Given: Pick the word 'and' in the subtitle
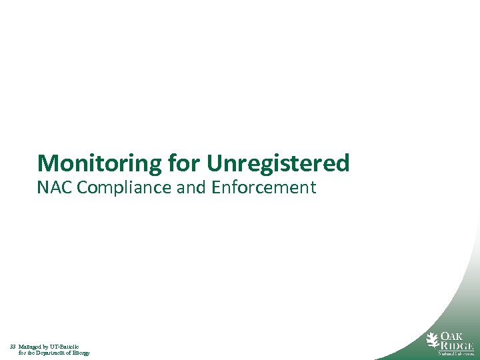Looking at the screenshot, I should pyautogui.click(x=192, y=188).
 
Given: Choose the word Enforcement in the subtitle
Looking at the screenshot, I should pyautogui.click(x=263, y=188).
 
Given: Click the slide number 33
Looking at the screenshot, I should pyautogui.click(x=13, y=347).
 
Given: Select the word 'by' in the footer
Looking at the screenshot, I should pyautogui.click(x=49, y=347).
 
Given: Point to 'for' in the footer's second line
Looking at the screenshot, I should pyautogui.click(x=23, y=353).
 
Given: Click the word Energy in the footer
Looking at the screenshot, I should pyautogui.click(x=80, y=353).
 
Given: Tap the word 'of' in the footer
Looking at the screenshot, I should pyautogui.click(x=69, y=353).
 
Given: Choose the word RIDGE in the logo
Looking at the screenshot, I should pyautogui.click(x=456, y=345).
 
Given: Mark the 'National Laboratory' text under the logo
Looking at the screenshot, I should pyautogui.click(x=455, y=354).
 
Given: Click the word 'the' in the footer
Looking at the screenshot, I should pyautogui.click(x=33, y=353).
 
